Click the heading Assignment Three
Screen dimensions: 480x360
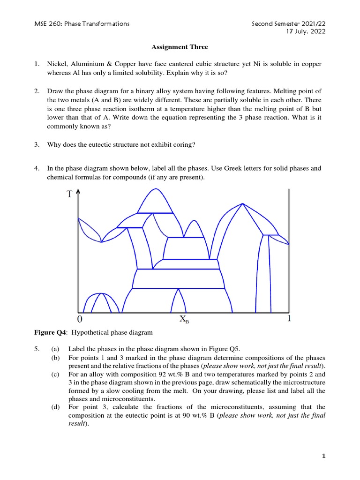(x=180, y=47)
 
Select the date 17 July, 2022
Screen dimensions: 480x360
(x=306, y=31)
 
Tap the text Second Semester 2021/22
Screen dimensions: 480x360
(x=288, y=23)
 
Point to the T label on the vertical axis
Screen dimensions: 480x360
(x=69, y=194)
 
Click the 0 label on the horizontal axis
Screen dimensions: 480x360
(x=80, y=320)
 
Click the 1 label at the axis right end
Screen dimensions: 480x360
(x=289, y=319)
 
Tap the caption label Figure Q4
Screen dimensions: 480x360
(x=47, y=333)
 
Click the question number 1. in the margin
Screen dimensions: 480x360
(x=37, y=63)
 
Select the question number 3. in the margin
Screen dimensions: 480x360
(x=37, y=144)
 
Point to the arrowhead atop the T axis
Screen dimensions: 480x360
(x=78, y=191)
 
